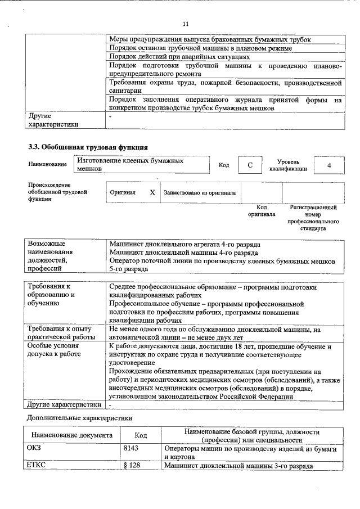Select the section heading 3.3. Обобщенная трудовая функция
point(88,147)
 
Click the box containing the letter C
point(250,165)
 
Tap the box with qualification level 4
point(328,165)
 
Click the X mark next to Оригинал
point(152,192)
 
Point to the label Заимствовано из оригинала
point(200,192)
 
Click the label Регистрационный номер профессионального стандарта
point(313,218)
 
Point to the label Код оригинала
point(262,211)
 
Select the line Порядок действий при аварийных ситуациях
point(179,57)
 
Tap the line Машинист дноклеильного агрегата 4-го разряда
point(185,245)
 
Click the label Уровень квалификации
point(287,165)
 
